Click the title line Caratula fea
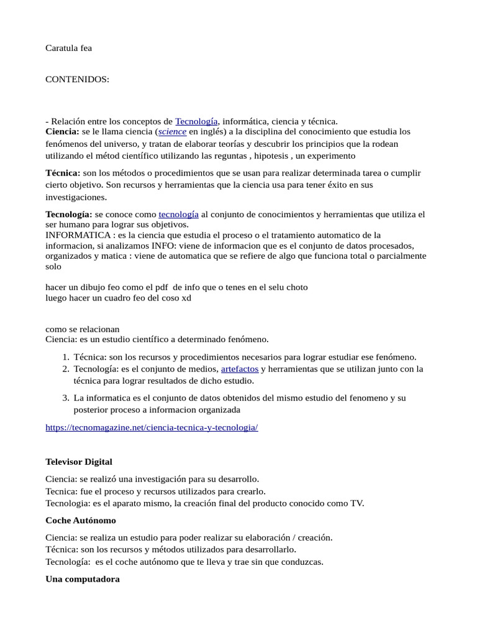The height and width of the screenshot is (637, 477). pyautogui.click(x=69, y=48)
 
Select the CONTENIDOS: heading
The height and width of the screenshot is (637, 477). pyautogui.click(x=78, y=80)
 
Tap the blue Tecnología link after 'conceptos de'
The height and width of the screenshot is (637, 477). pyautogui.click(x=196, y=121)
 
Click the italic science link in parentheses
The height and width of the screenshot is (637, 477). pyautogui.click(x=172, y=132)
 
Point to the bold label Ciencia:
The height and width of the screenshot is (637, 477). pyautogui.click(x=62, y=132)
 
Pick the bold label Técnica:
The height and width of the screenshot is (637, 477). pyautogui.click(x=63, y=172)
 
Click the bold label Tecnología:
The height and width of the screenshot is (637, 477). pyautogui.click(x=69, y=214)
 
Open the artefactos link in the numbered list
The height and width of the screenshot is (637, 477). pyautogui.click(x=240, y=369)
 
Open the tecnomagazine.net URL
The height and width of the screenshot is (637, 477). pyautogui.click(x=152, y=428)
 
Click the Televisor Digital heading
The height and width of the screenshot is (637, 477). pyautogui.click(x=79, y=462)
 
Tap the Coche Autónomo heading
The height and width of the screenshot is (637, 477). pyautogui.click(x=81, y=520)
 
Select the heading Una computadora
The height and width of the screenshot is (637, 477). pyautogui.click(x=83, y=579)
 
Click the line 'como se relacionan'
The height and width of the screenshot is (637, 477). pyautogui.click(x=83, y=329)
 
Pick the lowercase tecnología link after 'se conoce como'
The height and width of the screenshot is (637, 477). pyautogui.click(x=179, y=214)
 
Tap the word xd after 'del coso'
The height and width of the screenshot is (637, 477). pyautogui.click(x=186, y=298)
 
